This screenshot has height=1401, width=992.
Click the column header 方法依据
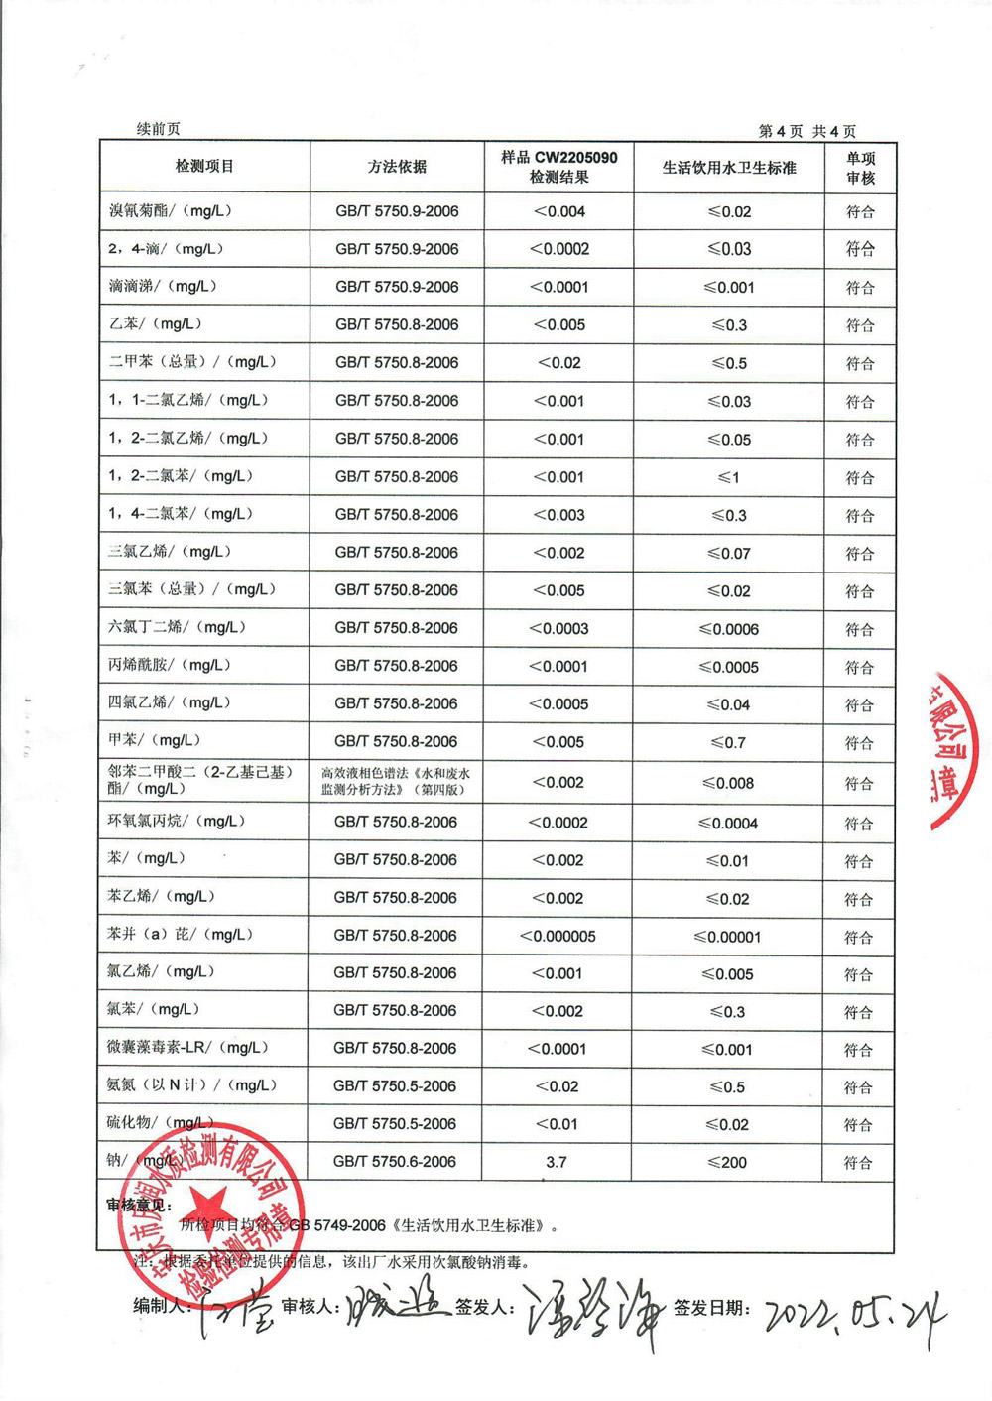397,167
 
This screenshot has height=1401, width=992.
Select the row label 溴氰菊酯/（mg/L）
170,211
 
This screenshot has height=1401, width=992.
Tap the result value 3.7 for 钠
557,1162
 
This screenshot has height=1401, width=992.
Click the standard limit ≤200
727,1163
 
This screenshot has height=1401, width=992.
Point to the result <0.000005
558,936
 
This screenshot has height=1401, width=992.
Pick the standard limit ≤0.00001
727,937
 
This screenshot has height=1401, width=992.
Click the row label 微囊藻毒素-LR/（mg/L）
187,1048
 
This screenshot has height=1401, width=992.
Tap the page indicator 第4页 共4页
806,131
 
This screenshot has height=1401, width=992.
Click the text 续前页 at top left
159,129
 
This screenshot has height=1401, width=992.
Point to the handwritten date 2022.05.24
853,1315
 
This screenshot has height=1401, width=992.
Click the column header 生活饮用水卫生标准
729,168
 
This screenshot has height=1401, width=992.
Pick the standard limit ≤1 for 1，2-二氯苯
729,477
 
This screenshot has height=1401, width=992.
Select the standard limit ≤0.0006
729,629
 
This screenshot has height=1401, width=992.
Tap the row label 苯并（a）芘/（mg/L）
180,935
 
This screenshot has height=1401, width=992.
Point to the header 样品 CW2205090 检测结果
558,167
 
